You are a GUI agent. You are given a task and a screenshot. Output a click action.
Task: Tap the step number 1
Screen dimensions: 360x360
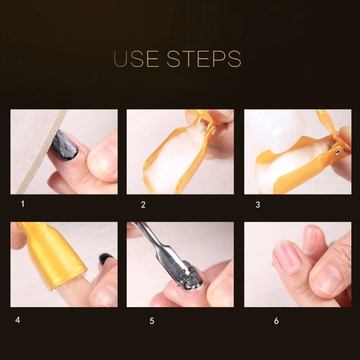point(22,204)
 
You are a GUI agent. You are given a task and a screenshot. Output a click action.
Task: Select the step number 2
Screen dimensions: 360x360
point(143,204)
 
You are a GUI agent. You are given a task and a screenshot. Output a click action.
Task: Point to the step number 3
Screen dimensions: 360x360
point(258,204)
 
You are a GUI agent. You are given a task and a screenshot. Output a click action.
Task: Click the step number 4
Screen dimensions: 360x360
point(18,320)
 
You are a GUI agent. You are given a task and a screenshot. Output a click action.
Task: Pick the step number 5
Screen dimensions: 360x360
point(152,321)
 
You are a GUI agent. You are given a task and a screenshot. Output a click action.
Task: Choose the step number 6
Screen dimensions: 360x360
point(276,321)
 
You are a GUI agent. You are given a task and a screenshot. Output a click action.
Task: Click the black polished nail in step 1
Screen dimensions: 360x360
point(64,145)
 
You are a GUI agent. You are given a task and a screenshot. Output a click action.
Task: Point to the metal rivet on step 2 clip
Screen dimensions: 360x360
point(213,132)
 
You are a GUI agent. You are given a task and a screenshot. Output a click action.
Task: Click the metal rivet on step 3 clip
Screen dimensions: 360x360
point(338,152)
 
